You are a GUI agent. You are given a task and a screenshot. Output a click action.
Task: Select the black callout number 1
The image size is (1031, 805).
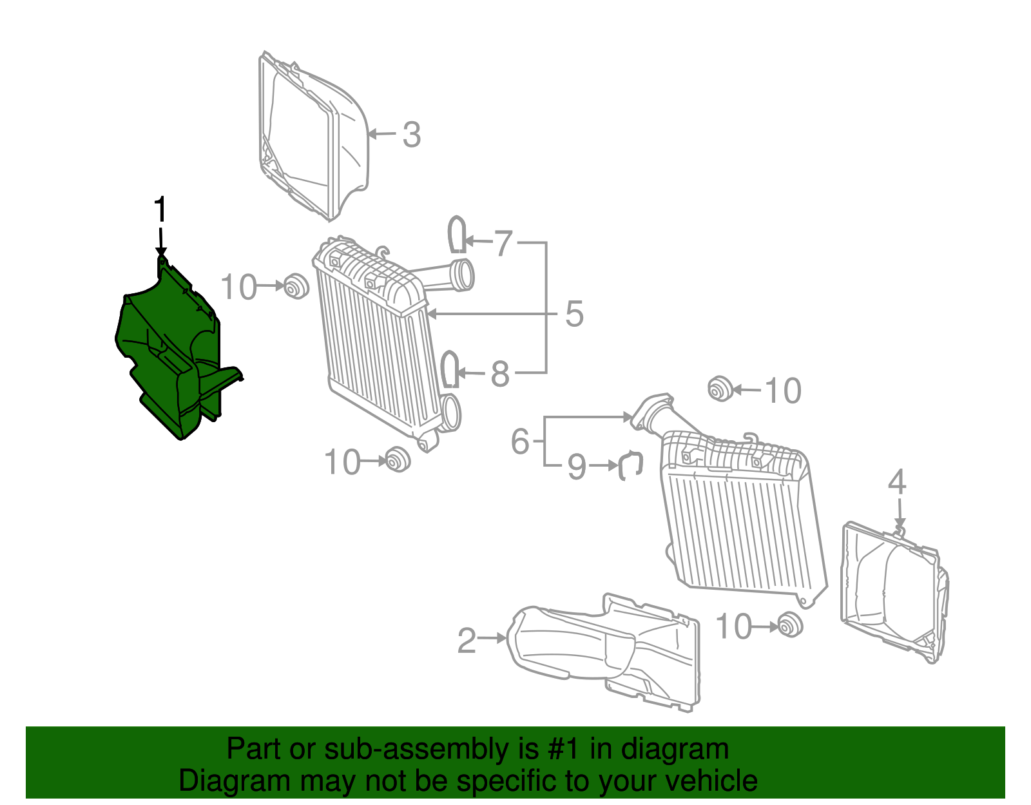(x=160, y=211)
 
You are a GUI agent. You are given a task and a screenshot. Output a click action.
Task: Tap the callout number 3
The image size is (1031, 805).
(x=412, y=135)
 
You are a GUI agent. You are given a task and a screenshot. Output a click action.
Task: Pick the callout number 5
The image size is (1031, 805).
(x=574, y=315)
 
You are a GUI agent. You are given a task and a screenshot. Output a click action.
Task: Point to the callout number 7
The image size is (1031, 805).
(x=503, y=244)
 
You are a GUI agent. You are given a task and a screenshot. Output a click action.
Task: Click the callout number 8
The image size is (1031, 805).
(x=500, y=374)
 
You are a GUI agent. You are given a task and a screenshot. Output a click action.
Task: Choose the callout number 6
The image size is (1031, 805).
(x=520, y=442)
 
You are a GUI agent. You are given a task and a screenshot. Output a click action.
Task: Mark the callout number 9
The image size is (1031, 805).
(x=577, y=467)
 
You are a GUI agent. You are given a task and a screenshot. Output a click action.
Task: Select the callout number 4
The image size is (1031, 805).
(x=897, y=483)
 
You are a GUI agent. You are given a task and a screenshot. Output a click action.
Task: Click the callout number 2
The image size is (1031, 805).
(x=467, y=641)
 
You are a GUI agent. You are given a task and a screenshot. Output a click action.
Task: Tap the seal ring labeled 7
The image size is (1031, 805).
(x=457, y=235)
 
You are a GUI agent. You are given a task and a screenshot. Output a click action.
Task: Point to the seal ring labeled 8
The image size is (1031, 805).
(x=450, y=369)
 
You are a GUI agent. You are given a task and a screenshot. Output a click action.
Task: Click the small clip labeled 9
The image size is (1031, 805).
(x=631, y=465)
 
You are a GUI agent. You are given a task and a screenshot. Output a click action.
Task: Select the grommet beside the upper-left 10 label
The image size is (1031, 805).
(x=296, y=286)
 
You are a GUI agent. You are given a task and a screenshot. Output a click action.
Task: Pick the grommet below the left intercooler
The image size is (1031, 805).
(x=398, y=459)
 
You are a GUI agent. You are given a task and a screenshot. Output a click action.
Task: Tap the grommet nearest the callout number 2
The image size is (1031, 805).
(x=789, y=626)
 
